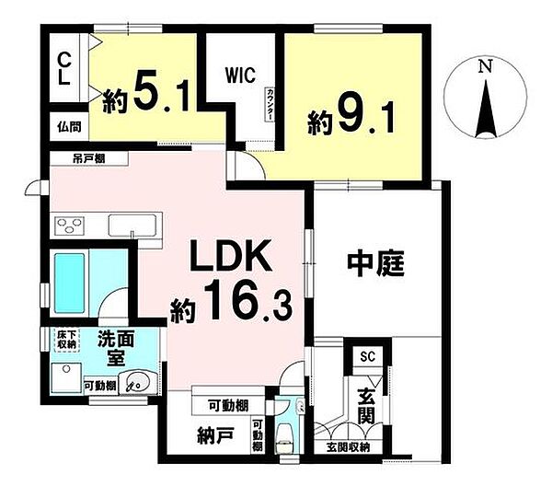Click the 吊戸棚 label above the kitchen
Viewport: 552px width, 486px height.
coord(89,158)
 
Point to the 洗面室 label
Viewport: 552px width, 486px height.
coord(116,349)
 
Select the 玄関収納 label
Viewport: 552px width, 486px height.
coord(349,447)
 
